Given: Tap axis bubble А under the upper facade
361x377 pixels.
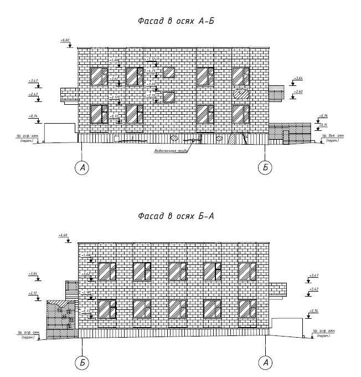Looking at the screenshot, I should coord(82,167).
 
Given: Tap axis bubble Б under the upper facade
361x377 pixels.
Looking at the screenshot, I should coord(265,167).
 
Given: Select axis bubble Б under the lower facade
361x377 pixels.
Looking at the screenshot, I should coord(82,362).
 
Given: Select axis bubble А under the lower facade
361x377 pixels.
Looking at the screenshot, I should coord(265,362).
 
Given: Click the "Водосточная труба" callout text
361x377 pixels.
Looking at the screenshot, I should coord(168,150).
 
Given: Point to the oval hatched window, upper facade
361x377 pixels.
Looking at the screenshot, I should coord(240,94).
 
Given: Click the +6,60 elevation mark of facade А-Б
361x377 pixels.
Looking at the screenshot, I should coord(65,40).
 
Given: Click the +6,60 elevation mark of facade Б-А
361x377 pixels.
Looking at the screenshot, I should coord(63,236).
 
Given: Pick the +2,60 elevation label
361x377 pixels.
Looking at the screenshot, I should coord(298,91).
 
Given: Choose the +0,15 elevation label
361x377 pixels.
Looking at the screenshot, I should coord(323,125).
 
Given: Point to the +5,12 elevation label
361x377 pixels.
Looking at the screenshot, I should coord(152,59).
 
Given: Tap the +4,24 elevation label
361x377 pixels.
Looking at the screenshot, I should coord(152,71).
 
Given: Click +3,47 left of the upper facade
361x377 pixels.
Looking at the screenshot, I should coord(33,81).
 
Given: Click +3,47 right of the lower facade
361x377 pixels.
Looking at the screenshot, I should coord(314,275).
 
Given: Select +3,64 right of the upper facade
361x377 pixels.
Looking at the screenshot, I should coord(298,78).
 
